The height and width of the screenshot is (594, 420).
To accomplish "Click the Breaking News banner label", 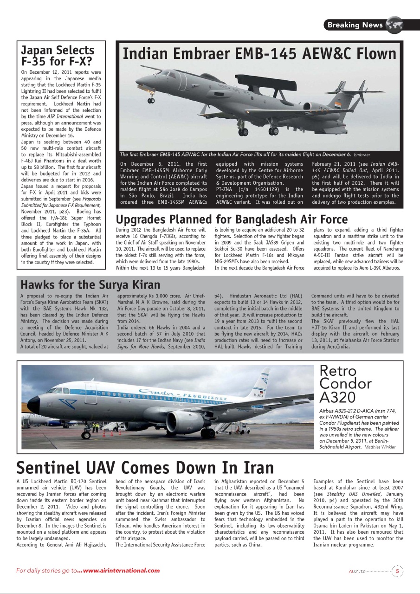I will (x=355, y=25).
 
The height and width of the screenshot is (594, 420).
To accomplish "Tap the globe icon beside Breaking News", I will (x=394, y=25).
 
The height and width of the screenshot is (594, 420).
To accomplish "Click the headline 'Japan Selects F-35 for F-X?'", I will (x=58, y=56).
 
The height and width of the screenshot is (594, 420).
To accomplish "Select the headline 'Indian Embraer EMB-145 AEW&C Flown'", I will (x=259, y=54).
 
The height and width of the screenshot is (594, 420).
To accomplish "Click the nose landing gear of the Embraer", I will (x=151, y=99).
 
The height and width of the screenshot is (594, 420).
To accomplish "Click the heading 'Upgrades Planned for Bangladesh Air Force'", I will (x=231, y=219).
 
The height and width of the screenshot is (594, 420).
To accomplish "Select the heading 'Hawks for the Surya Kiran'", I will (x=90, y=284).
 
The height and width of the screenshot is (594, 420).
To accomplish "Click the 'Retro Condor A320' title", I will (x=345, y=384).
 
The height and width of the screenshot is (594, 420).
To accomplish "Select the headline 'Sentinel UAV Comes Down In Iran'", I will (x=145, y=467).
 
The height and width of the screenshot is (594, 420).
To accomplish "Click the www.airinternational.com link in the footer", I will (x=122, y=571).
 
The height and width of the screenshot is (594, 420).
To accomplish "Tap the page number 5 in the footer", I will (x=397, y=571).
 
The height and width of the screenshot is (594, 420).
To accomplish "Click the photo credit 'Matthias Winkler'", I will (x=381, y=447).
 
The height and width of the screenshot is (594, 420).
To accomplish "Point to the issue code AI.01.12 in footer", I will (x=357, y=572).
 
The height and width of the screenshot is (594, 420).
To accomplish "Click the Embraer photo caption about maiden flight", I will (x=234, y=155).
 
